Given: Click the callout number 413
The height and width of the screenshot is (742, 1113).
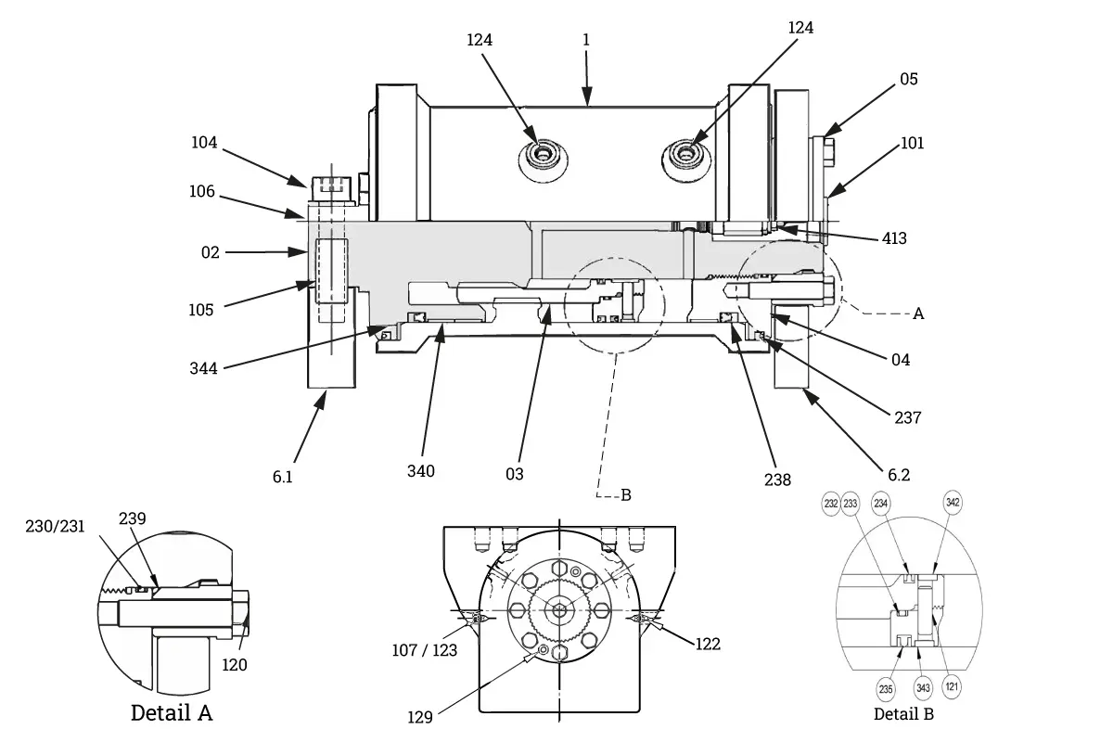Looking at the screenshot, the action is [x=894, y=238].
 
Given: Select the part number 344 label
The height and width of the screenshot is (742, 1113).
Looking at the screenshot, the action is [x=203, y=368].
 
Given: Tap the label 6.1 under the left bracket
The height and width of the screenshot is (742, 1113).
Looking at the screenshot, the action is [x=282, y=477].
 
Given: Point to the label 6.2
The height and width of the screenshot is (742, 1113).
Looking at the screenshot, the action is [x=899, y=475].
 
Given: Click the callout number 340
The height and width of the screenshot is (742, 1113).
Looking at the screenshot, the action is [x=421, y=471].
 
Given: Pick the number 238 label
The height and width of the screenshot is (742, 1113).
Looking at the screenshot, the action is [x=777, y=480].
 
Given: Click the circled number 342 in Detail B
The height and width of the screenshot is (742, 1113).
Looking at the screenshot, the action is [x=953, y=503].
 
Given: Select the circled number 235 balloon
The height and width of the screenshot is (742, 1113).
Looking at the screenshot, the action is [x=886, y=689].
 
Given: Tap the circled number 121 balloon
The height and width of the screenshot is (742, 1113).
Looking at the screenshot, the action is [x=952, y=687].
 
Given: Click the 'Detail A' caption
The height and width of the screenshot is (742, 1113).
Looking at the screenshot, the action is [x=172, y=712].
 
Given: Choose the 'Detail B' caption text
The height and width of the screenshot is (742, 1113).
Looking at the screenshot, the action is [x=903, y=714].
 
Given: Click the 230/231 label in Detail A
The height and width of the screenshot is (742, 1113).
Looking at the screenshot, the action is [x=55, y=526].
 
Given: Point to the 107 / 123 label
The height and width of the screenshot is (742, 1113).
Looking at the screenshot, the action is [x=425, y=650].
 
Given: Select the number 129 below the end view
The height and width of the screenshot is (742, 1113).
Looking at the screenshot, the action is [x=420, y=717].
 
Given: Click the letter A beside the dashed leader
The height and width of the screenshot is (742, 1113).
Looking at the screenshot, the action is [x=918, y=313].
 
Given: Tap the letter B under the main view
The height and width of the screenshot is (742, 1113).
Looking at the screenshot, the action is [x=626, y=495].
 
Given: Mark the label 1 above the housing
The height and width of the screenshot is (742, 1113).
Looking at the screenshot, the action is [x=586, y=40].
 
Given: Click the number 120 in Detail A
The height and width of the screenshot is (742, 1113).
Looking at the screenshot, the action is [x=234, y=665].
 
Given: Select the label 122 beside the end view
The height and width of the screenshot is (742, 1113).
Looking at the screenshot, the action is [x=708, y=644].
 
